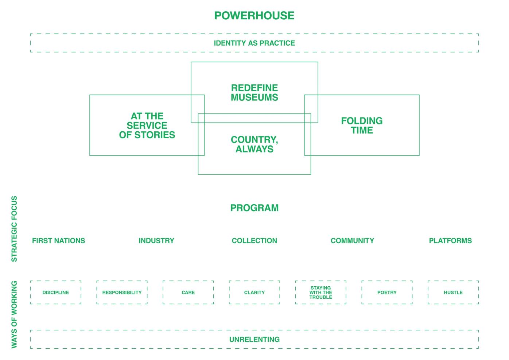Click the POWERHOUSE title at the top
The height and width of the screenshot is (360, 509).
(254, 16)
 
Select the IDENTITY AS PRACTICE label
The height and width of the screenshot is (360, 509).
(254, 43)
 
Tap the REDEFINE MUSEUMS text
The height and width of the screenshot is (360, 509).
(254, 93)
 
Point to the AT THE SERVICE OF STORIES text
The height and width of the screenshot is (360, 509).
(147, 125)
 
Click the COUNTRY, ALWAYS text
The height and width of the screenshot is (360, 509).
(254, 144)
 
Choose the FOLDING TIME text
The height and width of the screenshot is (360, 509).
(362, 125)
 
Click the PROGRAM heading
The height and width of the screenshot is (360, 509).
(254, 208)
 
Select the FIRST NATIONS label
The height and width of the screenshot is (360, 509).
(58, 241)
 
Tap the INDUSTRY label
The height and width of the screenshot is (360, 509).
(156, 241)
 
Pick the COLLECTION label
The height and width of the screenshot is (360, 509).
(254, 241)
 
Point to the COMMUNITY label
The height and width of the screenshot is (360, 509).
(352, 241)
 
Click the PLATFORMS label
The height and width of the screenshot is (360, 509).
(450, 241)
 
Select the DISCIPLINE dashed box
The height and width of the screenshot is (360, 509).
(56, 293)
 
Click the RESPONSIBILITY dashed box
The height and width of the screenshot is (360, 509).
(122, 293)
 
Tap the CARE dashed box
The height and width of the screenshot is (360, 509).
(188, 293)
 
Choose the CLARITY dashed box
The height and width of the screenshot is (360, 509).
(254, 293)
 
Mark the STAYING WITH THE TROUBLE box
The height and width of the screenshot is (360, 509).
(320, 293)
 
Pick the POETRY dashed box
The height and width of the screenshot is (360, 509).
(387, 293)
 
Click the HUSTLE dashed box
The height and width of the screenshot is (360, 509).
(453, 293)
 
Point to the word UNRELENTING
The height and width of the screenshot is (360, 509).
(254, 340)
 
